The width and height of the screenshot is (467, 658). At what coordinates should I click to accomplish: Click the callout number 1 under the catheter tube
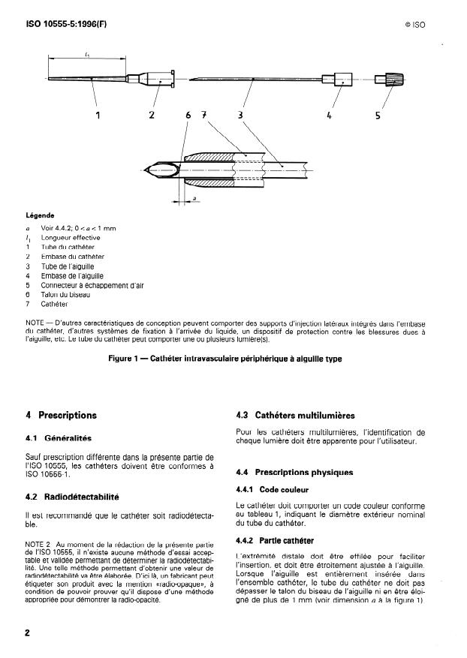click(x=98, y=115)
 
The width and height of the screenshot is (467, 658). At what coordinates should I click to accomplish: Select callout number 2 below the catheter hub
click(x=151, y=115)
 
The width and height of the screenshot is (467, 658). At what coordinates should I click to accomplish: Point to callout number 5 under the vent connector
click(x=378, y=116)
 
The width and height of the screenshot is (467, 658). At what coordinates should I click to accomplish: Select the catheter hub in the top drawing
click(x=157, y=77)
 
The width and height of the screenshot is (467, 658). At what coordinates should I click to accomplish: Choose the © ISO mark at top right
click(x=415, y=24)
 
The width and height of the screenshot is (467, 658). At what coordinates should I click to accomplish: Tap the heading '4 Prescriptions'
click(x=62, y=415)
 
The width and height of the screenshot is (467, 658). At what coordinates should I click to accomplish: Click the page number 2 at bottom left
click(x=28, y=632)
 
